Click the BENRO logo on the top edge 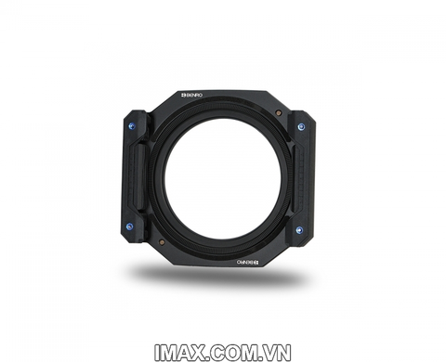pos(191,95)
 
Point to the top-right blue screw pos(300,124)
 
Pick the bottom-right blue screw pos(299,228)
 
